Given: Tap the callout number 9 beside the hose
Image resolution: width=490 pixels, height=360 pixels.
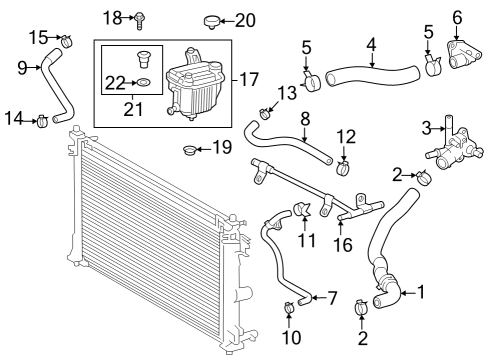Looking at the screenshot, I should point(22,67).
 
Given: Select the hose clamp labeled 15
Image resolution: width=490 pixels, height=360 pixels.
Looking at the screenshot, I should point(68,43).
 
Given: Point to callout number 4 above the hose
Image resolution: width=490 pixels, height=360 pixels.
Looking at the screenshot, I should point(371,44).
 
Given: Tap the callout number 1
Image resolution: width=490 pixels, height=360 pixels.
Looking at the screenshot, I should point(421,292).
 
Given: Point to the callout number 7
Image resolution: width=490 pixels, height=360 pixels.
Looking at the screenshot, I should point(332,297).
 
